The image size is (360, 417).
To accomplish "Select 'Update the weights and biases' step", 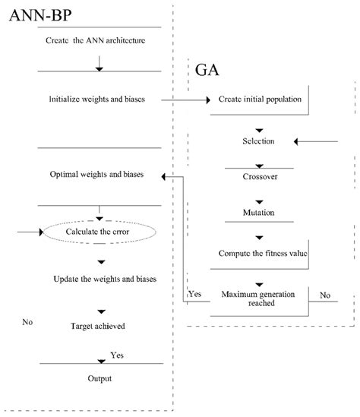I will (106, 279).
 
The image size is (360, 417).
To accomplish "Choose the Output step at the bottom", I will (99, 378).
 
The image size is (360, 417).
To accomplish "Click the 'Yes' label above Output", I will (118, 355).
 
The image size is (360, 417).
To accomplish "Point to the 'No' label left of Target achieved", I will (27, 322).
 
